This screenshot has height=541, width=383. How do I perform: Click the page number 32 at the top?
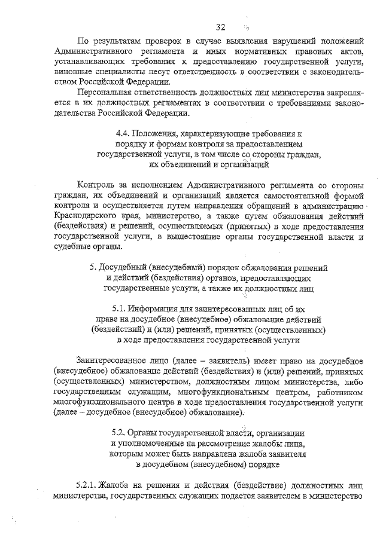pos(221,27)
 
